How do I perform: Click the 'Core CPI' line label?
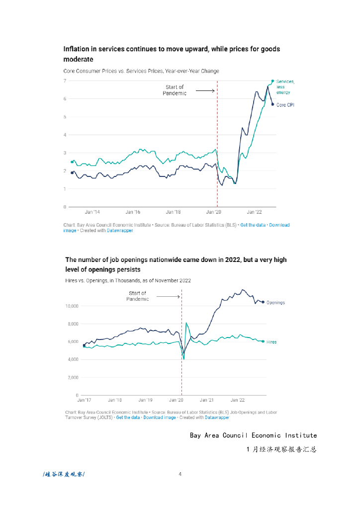click(285, 104)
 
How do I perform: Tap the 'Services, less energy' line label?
click(285, 86)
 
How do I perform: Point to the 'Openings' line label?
click(275, 302)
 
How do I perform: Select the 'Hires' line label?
click(271, 342)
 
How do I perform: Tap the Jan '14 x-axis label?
click(92, 212)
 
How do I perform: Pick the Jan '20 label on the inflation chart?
click(214, 212)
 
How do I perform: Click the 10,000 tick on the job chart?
click(72, 306)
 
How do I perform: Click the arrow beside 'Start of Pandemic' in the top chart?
click(205, 91)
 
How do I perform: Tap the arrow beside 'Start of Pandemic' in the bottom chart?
click(171, 297)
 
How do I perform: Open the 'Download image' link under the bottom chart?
click(159, 418)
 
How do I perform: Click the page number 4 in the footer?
click(180, 474)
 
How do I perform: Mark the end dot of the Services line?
click(272, 81)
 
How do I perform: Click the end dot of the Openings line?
click(263, 302)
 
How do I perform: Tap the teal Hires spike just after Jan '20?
click(186, 324)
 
